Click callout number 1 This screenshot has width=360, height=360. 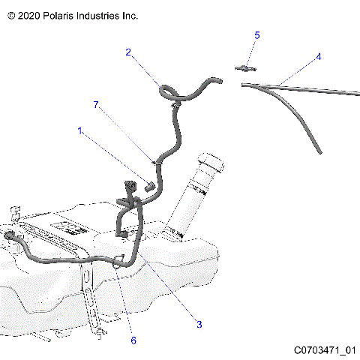coord(81,130)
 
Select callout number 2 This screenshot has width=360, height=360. coord(128,52)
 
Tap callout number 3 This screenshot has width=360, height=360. coord(199,324)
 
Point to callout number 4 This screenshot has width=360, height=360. coord(318,56)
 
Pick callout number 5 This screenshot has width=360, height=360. coord(257,35)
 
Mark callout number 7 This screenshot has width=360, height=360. coord(96,106)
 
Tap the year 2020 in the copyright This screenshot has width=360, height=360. coord(28,15)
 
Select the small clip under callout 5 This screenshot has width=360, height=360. coord(242,67)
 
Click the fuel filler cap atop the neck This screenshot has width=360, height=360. coord(210,160)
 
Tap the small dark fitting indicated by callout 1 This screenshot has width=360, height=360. coord(148,184)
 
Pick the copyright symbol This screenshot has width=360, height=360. coord(10,15)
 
